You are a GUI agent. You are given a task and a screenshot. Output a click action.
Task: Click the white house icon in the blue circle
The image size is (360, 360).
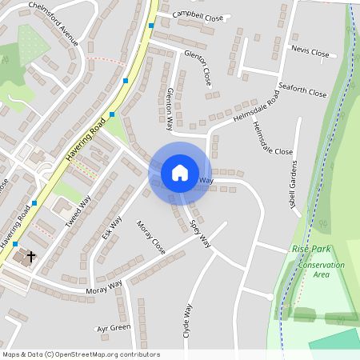(180, 172)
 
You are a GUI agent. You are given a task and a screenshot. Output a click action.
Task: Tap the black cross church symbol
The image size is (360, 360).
(31, 257)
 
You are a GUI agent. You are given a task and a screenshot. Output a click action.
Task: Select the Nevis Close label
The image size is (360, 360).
(310, 52)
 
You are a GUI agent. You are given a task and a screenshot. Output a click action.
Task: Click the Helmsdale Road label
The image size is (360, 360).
(256, 106)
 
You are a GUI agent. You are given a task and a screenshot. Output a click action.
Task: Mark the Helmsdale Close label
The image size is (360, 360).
(272, 138)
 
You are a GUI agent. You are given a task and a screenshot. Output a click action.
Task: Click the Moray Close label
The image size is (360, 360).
(150, 238)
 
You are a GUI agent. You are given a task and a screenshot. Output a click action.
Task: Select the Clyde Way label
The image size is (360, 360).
(188, 320)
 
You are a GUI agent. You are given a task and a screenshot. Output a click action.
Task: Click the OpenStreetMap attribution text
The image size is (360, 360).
(81, 354)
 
